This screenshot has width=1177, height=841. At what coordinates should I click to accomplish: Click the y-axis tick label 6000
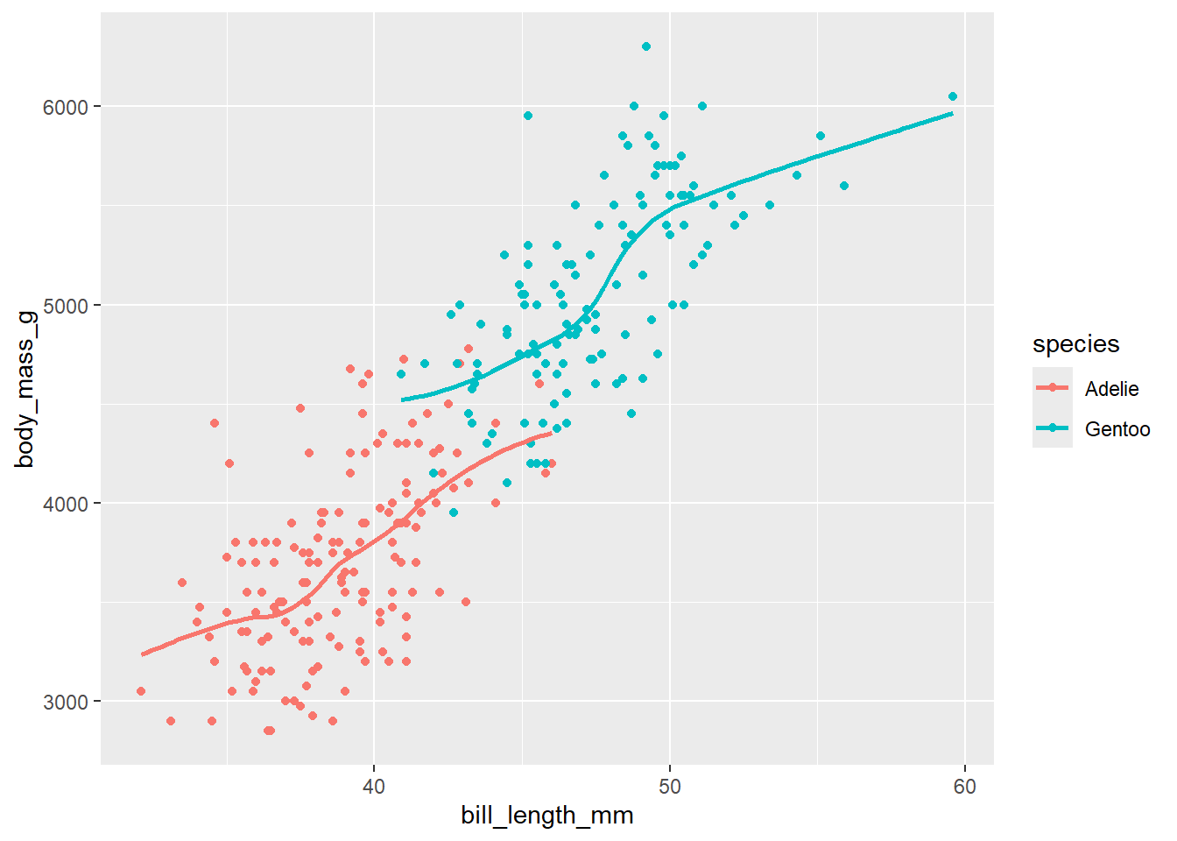[66, 107]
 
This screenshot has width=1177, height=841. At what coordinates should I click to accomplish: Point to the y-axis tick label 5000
[66, 306]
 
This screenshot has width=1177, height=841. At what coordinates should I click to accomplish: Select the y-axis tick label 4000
[66, 504]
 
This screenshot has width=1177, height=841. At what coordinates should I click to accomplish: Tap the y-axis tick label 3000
[66, 702]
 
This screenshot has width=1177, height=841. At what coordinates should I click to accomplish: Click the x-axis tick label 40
[374, 786]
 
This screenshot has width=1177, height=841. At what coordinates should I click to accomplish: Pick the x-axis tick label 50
[670, 786]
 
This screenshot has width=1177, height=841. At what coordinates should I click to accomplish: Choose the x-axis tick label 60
[965, 786]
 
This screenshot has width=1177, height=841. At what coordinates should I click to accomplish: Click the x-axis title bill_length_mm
[547, 816]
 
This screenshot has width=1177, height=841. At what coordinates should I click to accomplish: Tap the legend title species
[1075, 344]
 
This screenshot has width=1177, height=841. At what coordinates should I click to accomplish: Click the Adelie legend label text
[1111, 389]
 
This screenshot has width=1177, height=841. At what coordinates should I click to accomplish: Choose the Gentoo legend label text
[1117, 429]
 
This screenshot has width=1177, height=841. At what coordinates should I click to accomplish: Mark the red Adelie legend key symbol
[1053, 388]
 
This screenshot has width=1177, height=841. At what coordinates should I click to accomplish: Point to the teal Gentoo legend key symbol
[1053, 428]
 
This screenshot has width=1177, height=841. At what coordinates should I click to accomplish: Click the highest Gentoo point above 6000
[646, 46]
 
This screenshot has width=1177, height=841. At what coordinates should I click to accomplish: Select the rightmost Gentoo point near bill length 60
[953, 96]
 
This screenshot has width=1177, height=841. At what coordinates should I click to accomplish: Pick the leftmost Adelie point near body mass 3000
[141, 691]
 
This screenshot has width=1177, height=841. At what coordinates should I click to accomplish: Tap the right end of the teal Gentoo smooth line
[952, 113]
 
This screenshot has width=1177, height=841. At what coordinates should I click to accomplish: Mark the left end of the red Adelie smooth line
[143, 654]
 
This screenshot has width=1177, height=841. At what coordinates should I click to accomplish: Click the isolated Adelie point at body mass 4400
[215, 423]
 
